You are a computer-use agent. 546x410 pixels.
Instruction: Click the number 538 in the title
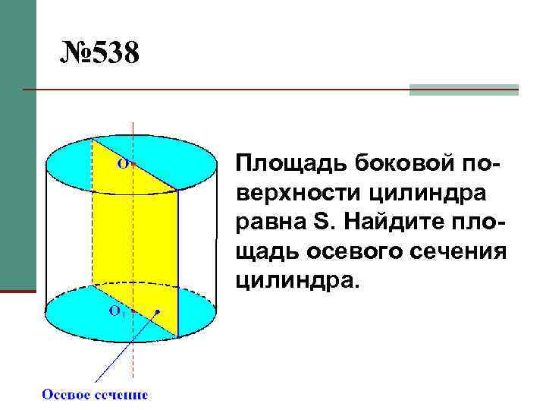(x=114, y=55)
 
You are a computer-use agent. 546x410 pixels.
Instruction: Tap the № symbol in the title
(x=74, y=55)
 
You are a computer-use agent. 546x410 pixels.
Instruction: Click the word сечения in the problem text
(x=463, y=251)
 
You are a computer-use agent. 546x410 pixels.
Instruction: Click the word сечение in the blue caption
(x=121, y=394)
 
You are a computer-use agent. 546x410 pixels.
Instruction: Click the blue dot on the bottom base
(x=158, y=311)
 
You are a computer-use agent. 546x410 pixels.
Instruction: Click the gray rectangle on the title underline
(x=463, y=90)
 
